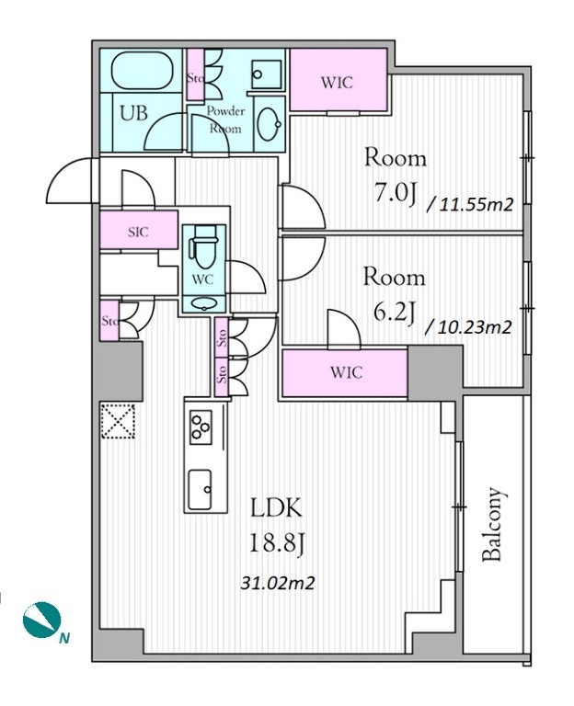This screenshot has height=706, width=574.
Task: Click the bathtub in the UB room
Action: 143,72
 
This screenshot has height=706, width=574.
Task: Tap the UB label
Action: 133,112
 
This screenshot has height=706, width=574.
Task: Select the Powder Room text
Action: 225,120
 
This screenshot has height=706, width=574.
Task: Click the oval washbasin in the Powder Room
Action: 269,124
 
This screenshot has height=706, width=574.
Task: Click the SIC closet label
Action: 138,232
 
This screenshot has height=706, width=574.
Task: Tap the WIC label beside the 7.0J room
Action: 337,83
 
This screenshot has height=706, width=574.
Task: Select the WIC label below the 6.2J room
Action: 346,372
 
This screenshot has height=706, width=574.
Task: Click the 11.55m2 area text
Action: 472,204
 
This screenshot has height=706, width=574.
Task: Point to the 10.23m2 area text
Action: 469,326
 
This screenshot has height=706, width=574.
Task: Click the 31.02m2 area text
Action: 277,583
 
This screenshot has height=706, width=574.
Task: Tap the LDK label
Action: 276,508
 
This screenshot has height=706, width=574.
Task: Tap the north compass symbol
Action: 42,620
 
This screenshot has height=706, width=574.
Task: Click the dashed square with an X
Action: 118,421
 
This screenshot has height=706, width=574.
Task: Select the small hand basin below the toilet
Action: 202,304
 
